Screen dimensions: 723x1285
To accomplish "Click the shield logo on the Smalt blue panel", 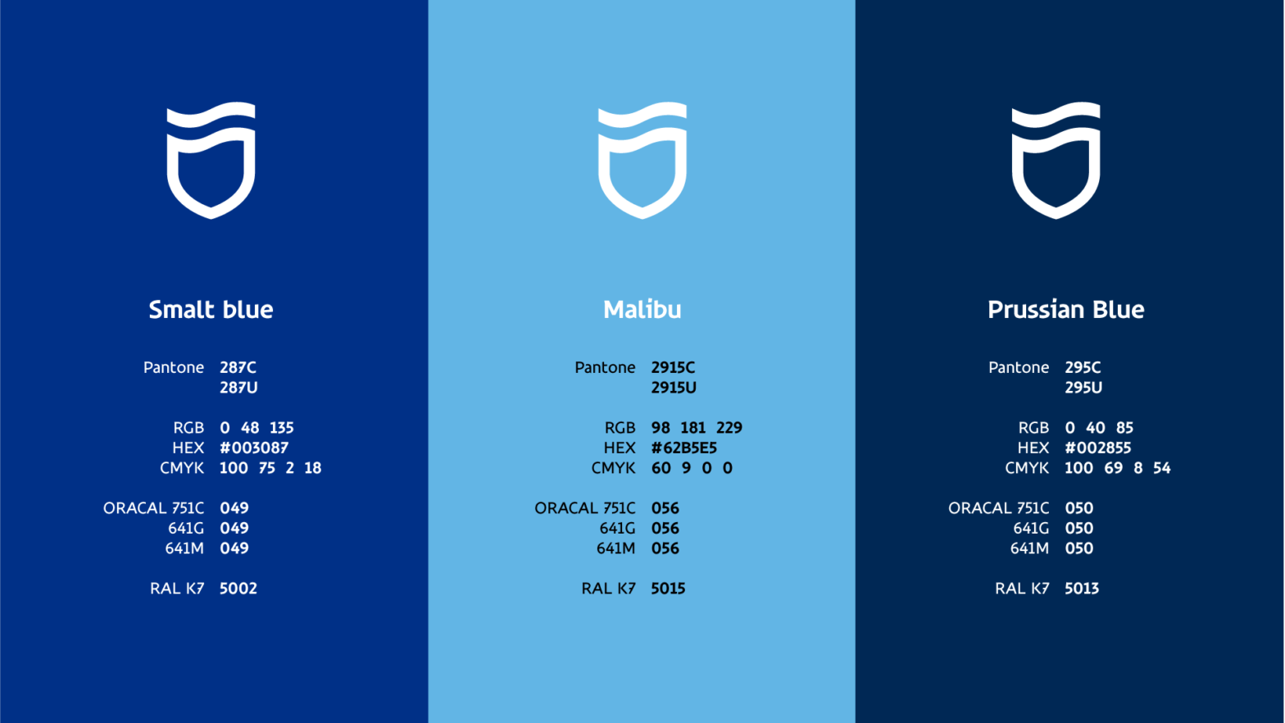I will [x=211, y=161].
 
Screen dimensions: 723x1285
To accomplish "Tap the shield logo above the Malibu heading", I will [x=642, y=161].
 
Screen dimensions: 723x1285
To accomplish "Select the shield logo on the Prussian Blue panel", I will [x=1056, y=161].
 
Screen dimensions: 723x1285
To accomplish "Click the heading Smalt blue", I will [x=211, y=310].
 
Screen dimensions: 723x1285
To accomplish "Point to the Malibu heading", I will [x=642, y=310].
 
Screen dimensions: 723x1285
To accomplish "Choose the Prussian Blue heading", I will [x=1065, y=310].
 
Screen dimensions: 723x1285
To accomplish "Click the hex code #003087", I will [x=254, y=448].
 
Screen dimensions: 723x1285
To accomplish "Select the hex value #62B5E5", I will [x=684, y=448].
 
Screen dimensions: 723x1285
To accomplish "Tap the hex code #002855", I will [x=1098, y=448].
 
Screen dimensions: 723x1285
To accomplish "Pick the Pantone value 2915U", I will [x=674, y=388].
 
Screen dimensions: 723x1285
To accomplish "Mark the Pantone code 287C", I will [x=238, y=368].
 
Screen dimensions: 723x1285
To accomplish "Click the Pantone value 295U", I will [x=1083, y=388].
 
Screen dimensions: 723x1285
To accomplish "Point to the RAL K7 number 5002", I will [x=238, y=589].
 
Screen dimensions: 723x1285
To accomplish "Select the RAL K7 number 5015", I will [x=668, y=589].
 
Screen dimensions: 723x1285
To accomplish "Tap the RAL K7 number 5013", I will [x=1082, y=589].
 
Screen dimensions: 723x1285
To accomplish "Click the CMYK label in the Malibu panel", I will [x=613, y=468].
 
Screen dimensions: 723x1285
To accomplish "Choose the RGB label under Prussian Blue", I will [x=1033, y=428].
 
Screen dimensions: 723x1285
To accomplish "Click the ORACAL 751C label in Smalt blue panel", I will [x=153, y=508].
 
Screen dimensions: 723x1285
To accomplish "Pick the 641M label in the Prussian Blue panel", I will [x=1029, y=548].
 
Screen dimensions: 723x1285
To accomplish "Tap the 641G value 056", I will [x=665, y=529].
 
